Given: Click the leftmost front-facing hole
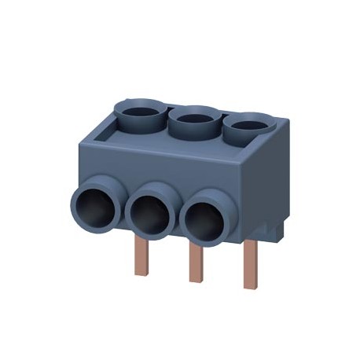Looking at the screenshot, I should coord(98,207).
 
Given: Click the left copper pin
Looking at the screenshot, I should coord(141,255).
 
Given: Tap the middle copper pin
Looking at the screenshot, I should coord(195,263).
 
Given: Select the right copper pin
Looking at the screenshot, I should coord(250,260).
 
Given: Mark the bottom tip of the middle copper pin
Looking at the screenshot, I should coord(195,281).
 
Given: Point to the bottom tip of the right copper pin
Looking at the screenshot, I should coord(250,286).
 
